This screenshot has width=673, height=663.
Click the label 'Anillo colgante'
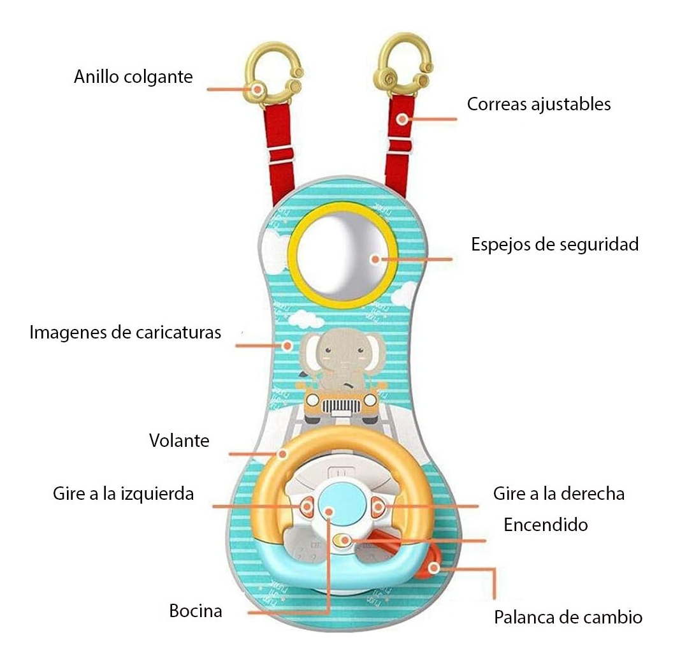[133, 77]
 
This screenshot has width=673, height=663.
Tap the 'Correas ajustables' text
[539, 104]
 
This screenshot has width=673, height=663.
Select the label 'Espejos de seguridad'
[554, 244]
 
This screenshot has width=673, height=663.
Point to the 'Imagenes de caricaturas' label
[125, 332]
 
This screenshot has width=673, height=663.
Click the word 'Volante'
[179, 440]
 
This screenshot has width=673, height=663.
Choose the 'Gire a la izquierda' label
[123, 493]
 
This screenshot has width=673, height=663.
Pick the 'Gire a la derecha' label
[558, 493]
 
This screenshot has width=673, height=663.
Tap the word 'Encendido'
[545, 525]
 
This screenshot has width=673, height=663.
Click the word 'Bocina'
[196, 611]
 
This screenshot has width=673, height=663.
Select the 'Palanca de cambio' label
[568, 617]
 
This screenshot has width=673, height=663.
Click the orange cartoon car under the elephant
[340, 405]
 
